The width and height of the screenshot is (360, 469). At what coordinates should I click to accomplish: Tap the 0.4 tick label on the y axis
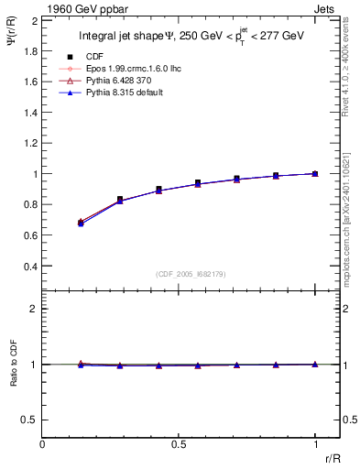31,267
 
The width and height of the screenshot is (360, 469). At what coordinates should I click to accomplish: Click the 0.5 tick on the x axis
179,442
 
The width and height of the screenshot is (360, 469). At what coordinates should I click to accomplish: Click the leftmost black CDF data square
81,223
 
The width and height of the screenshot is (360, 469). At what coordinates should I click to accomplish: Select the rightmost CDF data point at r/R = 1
315,173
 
